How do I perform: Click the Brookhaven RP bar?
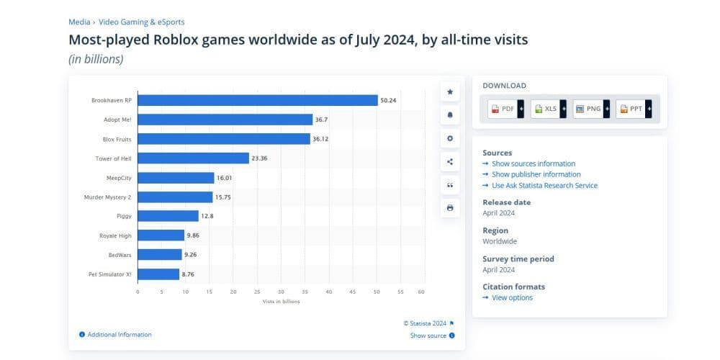pyautogui.click(x=257, y=100)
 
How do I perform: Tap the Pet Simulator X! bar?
pyautogui.click(x=158, y=274)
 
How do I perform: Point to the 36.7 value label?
pyautogui.click(x=323, y=120)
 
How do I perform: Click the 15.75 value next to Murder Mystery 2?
pyautogui.click(x=223, y=197)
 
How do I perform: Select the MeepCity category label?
pyautogui.click(x=118, y=177)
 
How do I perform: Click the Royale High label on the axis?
pyautogui.click(x=115, y=235)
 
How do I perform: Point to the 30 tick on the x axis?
pyautogui.click(x=281, y=292)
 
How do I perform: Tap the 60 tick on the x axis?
pyautogui.click(x=421, y=292)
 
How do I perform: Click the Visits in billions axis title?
pyautogui.click(x=281, y=301)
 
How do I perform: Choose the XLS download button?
pyautogui.click(x=549, y=109)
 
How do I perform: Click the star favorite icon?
pyautogui.click(x=450, y=92)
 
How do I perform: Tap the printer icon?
pyautogui.click(x=450, y=208)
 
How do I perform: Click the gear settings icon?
pyautogui.click(x=450, y=138)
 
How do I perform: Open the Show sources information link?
pyautogui.click(x=533, y=163)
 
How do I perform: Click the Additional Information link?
pyautogui.click(x=119, y=334)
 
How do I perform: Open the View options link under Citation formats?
pyautogui.click(x=512, y=297)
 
